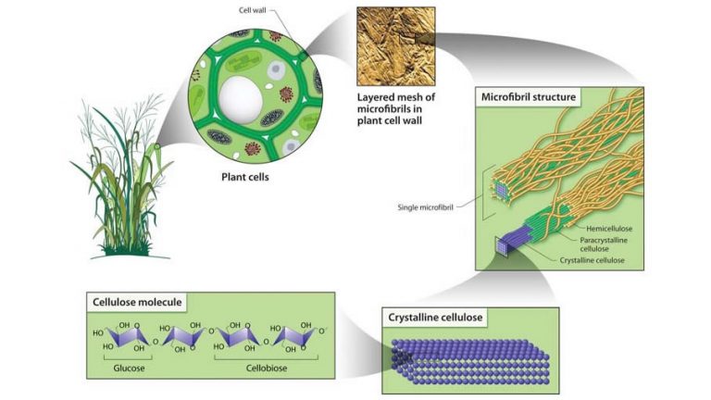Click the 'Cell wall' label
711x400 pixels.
256,10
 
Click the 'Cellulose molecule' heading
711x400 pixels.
135,302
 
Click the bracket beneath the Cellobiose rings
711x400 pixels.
260,356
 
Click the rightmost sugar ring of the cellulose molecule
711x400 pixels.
298,334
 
